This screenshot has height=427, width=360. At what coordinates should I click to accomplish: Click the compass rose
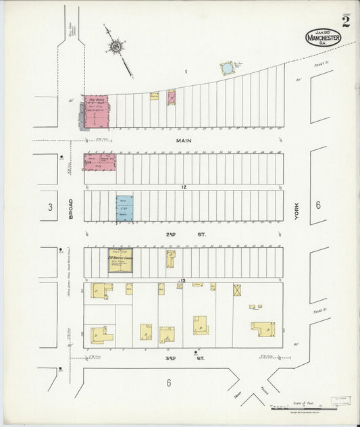pyautogui.click(x=115, y=47)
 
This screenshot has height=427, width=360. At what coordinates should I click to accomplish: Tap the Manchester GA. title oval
pyautogui.click(x=323, y=37)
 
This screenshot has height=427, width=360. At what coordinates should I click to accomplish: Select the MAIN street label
pyautogui.click(x=184, y=141)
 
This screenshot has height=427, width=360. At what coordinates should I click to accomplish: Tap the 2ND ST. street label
pyautogui.click(x=183, y=234)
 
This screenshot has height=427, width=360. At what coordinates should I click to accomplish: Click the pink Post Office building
pyautogui.click(x=96, y=112)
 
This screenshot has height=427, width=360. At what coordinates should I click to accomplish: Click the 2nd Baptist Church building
pyautogui.click(x=120, y=262)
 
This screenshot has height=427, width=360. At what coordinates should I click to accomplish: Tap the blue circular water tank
pyautogui.click(x=227, y=69)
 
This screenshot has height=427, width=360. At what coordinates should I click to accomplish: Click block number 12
pyautogui.click(x=183, y=186)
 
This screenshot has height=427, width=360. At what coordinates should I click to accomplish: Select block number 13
pyautogui.click(x=182, y=280)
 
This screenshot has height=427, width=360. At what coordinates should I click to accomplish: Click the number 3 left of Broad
pyautogui.click(x=49, y=207)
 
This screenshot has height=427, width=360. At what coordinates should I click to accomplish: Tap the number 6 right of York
pyautogui.click(x=317, y=205)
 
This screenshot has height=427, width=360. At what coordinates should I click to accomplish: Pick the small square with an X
pyautogui.click(x=237, y=290)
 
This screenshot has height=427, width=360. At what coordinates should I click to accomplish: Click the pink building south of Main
pyautogui.click(x=99, y=161)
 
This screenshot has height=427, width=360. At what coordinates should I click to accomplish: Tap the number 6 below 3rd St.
pyautogui.click(x=168, y=383)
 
